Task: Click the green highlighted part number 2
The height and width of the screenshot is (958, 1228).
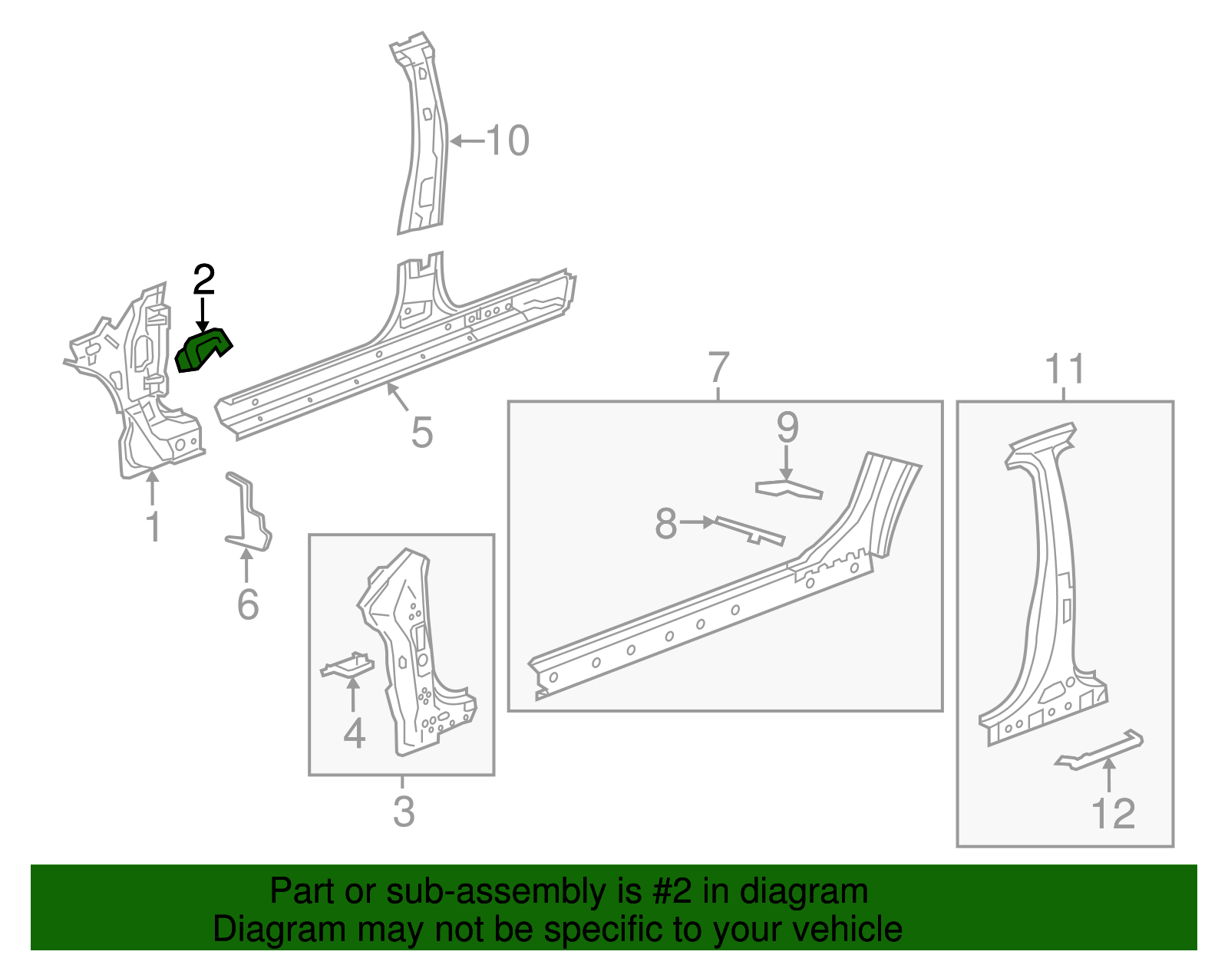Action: tap(203, 351)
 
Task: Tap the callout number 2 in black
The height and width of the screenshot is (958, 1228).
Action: tap(203, 281)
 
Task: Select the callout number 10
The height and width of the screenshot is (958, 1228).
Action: tap(507, 141)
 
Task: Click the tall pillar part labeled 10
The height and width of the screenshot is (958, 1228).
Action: tap(422, 138)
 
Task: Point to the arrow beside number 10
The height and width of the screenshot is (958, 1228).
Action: tap(467, 141)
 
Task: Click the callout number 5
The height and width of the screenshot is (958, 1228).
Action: tap(422, 433)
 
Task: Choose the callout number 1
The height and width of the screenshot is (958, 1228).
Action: tap(153, 528)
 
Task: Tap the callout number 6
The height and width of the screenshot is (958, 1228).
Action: tap(247, 604)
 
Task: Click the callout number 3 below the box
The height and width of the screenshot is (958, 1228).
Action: tap(404, 812)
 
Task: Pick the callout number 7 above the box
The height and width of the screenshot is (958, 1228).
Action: tap(718, 368)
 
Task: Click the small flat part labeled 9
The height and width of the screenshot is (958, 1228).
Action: tap(788, 489)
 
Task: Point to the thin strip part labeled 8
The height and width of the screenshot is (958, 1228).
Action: tap(749, 530)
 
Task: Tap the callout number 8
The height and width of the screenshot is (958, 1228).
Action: tap(665, 524)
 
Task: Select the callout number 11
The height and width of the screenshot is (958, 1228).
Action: tap(1065, 369)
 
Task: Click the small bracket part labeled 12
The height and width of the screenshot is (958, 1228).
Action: tap(1100, 750)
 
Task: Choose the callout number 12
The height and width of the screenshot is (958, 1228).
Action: tap(1113, 814)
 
